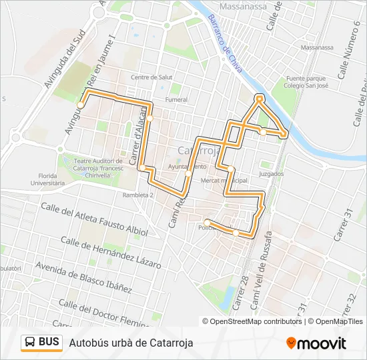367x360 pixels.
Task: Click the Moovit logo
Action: (316, 343)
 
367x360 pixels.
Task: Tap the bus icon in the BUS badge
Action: (30, 343)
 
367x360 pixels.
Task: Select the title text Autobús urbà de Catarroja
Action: (131, 343)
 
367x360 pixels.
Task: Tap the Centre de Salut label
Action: (151, 77)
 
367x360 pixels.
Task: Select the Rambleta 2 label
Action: (138, 195)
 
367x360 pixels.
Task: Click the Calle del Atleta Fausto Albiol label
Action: (94, 221)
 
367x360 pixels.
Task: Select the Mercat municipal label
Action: (224, 181)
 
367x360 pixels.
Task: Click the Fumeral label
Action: (176, 100)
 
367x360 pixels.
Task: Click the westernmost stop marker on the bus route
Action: (80, 105)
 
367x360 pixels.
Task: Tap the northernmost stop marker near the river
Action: (260, 99)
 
